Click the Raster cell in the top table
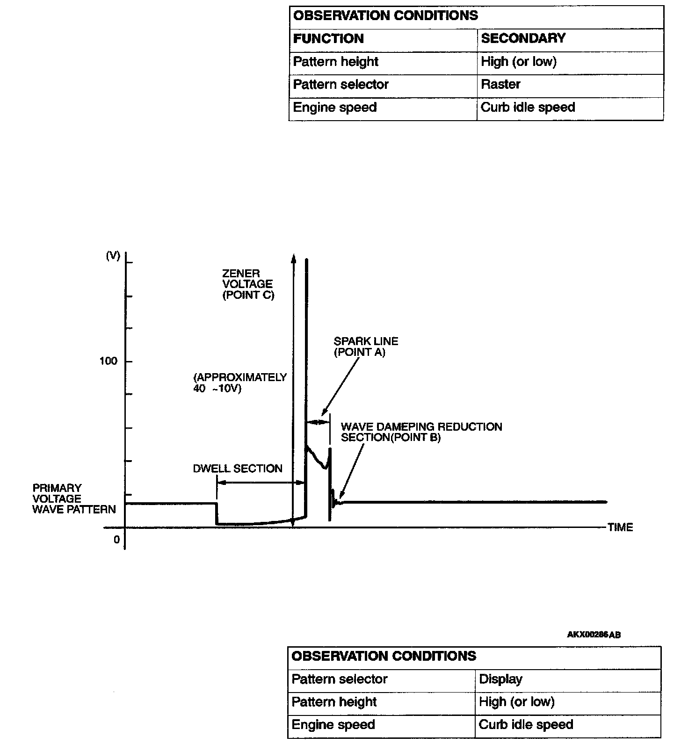tap(500, 85)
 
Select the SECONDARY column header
tap(523, 38)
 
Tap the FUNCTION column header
tap(328, 38)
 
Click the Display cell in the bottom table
tap(500, 679)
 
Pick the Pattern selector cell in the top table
tap(340, 85)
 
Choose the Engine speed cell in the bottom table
tap(333, 725)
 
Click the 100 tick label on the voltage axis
tap(109, 361)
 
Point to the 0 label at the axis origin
tap(116, 540)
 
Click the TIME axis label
tap(620, 527)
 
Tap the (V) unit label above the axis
tap(113, 256)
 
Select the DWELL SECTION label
tap(238, 469)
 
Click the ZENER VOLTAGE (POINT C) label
tap(248, 284)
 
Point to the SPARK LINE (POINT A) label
tap(366, 347)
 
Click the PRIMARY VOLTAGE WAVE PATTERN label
tap(74, 498)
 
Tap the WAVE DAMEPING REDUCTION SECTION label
tap(421, 432)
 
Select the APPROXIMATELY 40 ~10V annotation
tap(239, 383)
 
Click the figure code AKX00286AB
tap(594, 635)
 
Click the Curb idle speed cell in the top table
tap(528, 108)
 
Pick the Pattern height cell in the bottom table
tap(334, 702)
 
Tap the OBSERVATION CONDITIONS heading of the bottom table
tap(384, 656)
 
